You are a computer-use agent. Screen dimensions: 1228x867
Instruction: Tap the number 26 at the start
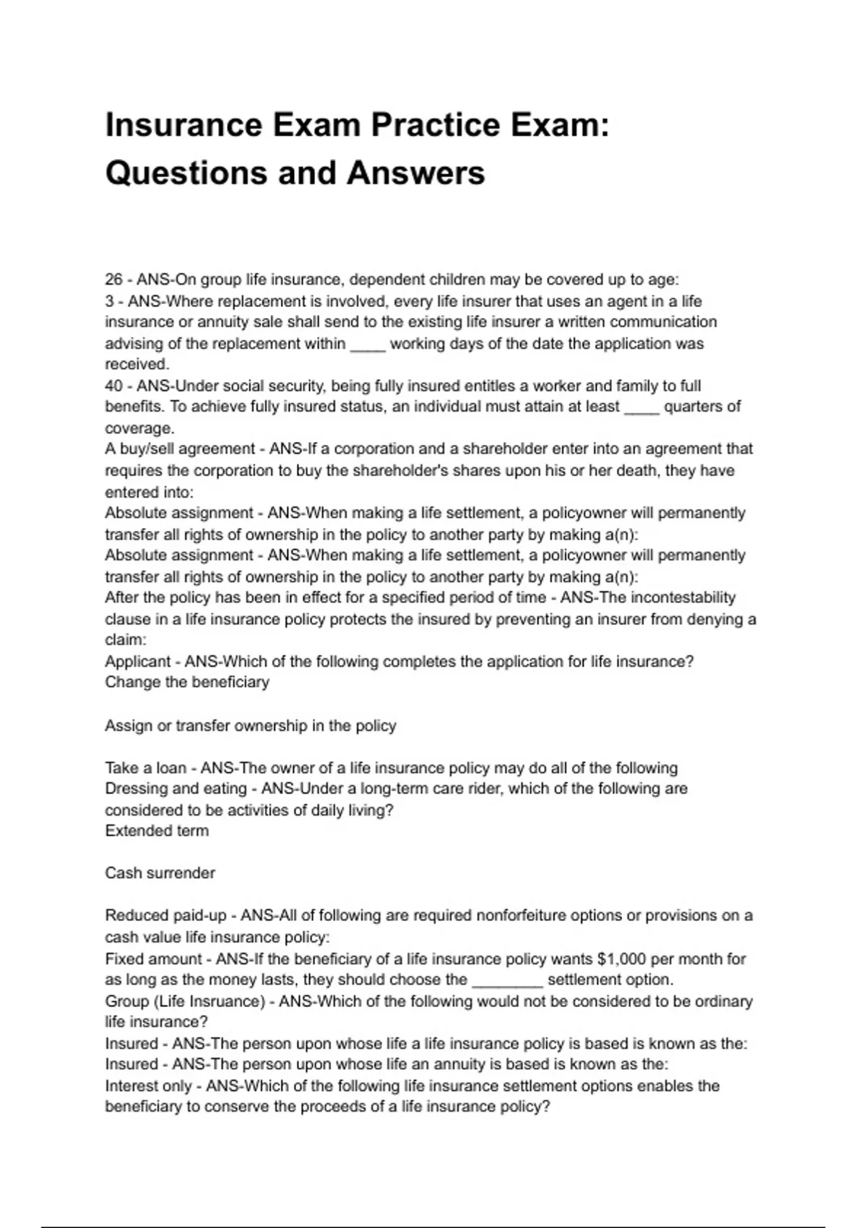point(114,280)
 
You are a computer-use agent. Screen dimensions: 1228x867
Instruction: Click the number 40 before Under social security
point(114,386)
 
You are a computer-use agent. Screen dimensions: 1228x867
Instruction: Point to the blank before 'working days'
point(368,345)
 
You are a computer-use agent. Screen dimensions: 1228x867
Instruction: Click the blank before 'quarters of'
point(642,408)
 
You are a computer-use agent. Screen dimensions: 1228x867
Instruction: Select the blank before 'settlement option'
point(506,981)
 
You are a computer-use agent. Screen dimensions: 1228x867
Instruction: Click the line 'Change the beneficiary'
point(187,683)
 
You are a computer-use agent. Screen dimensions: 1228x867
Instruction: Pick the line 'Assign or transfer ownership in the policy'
point(251,726)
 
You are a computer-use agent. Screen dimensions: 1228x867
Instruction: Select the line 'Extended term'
point(157,831)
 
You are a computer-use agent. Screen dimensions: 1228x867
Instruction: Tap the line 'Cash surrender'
point(160,873)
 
